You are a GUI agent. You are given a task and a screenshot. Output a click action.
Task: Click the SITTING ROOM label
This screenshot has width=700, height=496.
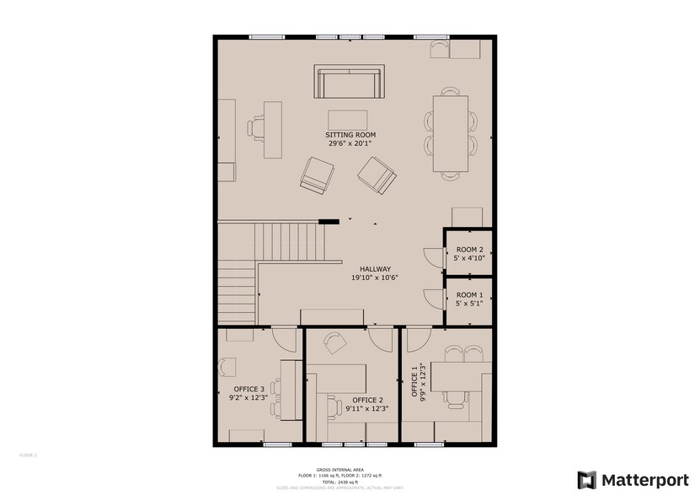point(350,135)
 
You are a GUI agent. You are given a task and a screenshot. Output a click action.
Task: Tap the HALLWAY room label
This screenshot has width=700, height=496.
point(374,268)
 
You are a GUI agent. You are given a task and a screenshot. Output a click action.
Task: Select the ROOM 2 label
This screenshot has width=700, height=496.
point(469,250)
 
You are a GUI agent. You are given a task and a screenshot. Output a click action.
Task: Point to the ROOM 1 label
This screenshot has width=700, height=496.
point(469,295)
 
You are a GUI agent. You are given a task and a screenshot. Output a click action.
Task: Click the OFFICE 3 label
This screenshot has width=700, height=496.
point(248,389)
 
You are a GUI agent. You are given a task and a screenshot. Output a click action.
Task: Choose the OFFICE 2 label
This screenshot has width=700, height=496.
point(367,400)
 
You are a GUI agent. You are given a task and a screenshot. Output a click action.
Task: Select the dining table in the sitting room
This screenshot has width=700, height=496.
point(451,134)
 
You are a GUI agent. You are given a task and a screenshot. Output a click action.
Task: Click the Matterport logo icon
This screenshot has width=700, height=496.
point(586,479)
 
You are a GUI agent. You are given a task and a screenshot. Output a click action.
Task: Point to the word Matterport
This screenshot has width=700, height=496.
point(644,480)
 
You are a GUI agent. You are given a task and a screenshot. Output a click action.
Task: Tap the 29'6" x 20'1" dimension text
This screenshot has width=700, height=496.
point(350,143)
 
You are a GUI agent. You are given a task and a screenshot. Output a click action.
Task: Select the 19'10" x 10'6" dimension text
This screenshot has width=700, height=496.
point(374,277)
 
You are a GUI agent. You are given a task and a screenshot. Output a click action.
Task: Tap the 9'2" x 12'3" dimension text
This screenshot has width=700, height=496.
point(248,397)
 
